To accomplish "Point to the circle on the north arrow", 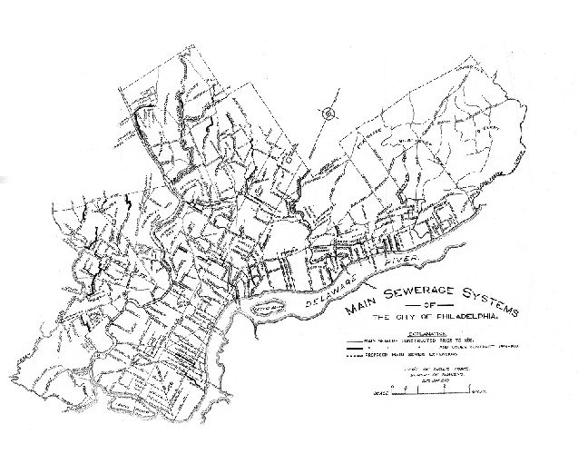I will tap(327, 113).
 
